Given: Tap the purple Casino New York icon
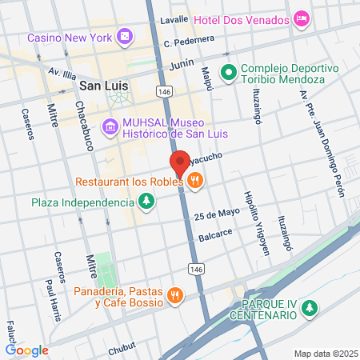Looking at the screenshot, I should (x=125, y=37).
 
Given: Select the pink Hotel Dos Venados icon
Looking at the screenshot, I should (x=302, y=18).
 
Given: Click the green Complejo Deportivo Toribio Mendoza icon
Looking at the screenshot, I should (x=229, y=73).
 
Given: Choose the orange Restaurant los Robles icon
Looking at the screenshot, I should (x=194, y=182).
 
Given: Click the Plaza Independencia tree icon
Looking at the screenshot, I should (x=146, y=202).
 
